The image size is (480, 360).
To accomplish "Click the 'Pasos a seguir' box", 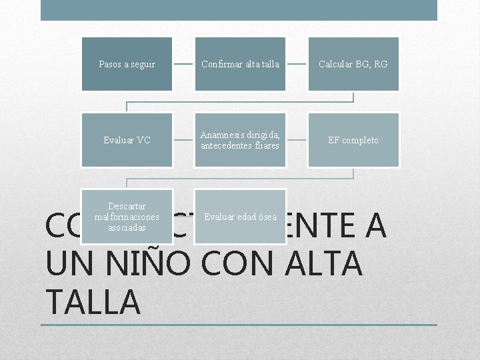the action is (127, 64).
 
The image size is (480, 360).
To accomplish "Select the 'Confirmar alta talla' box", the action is (240, 64).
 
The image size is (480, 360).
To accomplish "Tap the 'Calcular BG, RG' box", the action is (353, 64).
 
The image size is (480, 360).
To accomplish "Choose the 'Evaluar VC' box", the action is (127, 140).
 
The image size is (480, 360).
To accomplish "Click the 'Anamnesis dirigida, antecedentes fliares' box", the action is (240, 140).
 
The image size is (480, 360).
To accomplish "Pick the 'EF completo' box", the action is (353, 140).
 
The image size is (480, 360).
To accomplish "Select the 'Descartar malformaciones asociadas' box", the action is (127, 217).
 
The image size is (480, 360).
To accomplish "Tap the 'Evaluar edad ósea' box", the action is (240, 217).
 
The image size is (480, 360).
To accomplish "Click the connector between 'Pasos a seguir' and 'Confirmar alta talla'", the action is (183, 64).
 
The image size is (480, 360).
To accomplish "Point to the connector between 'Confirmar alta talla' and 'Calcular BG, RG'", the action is (297, 64).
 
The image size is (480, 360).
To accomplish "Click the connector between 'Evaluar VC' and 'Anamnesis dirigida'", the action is (183, 140).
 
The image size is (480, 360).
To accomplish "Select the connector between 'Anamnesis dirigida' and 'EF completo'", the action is (297, 140).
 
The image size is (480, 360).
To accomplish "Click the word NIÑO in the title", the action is (141, 263).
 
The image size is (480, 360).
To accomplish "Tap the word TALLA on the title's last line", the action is (93, 301).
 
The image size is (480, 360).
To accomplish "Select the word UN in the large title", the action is (66, 263).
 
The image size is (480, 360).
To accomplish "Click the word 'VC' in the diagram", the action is (143, 140).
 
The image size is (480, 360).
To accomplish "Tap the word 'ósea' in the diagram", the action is (266, 217).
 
